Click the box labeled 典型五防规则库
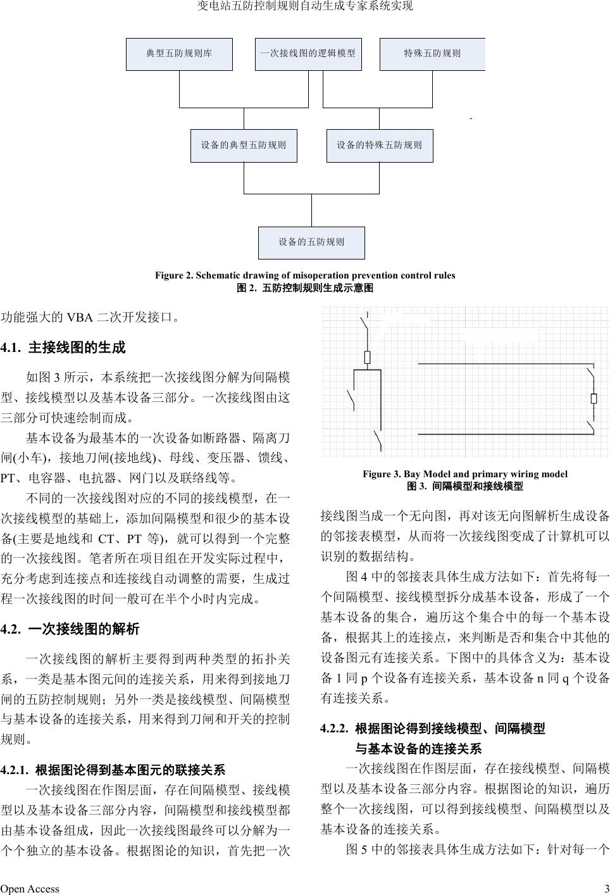coord(179,54)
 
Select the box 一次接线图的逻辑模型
coord(308,54)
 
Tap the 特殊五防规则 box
coord(432,54)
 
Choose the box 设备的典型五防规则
coord(244,145)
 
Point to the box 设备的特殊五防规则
coord(379,145)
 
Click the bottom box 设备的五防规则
coord(311,242)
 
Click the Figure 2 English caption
coord(305,275)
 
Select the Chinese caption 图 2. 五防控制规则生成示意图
coord(305,288)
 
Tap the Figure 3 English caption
coord(464,474)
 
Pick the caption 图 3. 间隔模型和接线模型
coord(464,486)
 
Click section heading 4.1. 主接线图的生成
coord(63,347)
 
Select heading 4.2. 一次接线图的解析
coord(70,629)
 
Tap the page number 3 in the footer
coord(606,889)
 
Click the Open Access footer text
coord(30,889)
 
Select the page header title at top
coord(305,6)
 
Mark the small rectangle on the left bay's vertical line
coord(367,358)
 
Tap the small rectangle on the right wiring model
coord(594,398)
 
